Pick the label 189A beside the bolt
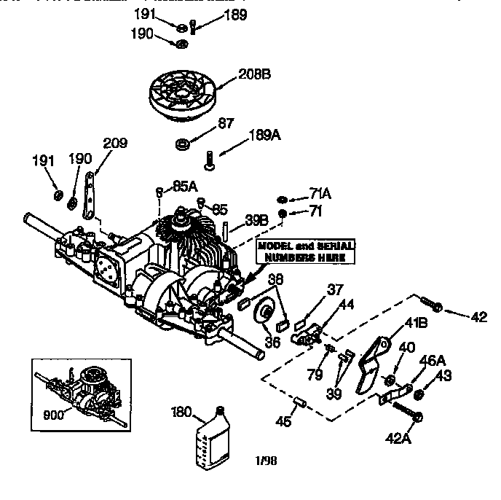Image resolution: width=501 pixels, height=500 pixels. click(265, 134)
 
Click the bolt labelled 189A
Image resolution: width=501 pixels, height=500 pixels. click(209, 159)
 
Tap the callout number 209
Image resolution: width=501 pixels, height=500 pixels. click(114, 143)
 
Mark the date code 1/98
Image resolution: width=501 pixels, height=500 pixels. click(265, 460)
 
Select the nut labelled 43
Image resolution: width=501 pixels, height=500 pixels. click(419, 396)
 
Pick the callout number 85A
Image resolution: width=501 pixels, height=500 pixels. click(185, 186)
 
